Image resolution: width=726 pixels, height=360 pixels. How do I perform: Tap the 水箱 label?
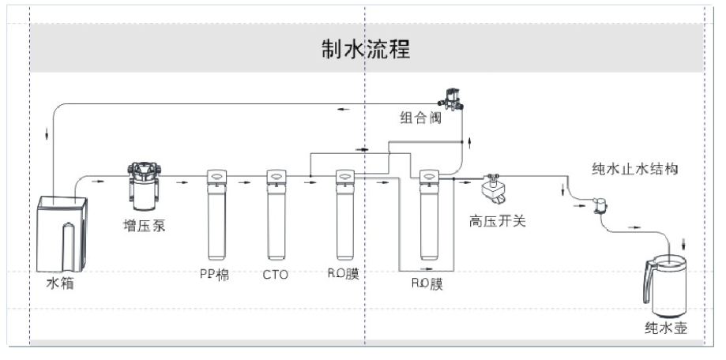(x=60, y=283)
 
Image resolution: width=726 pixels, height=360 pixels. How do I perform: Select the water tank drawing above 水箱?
(x=62, y=231)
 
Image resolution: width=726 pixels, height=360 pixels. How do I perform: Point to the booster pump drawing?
(x=145, y=186)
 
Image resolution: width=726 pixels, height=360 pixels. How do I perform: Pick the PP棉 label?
(x=214, y=275)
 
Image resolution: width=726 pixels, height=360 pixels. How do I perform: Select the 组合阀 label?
(x=419, y=119)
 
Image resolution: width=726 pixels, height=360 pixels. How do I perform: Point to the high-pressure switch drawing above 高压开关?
(x=495, y=188)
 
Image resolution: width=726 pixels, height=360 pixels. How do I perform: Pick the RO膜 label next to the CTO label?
(x=344, y=275)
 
